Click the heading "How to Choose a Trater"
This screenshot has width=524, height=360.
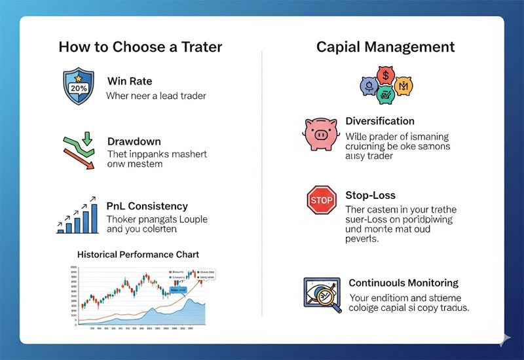click(x=140, y=47)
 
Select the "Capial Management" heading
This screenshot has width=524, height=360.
click(x=385, y=47)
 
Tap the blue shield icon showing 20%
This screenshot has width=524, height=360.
click(x=79, y=87)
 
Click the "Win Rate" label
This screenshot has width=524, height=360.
click(x=130, y=81)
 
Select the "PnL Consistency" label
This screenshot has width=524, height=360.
click(x=147, y=206)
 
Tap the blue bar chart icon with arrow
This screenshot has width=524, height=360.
click(x=78, y=214)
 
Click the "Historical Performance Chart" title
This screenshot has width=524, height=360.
click(x=138, y=253)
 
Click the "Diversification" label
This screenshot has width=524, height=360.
click(x=380, y=121)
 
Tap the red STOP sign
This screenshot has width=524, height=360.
click(x=322, y=200)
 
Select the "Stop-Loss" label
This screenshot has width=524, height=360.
click(x=371, y=196)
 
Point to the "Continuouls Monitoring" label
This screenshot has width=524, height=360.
click(x=403, y=283)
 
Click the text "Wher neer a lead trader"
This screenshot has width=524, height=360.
click(x=156, y=96)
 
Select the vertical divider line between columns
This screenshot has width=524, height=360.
click(x=262, y=183)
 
